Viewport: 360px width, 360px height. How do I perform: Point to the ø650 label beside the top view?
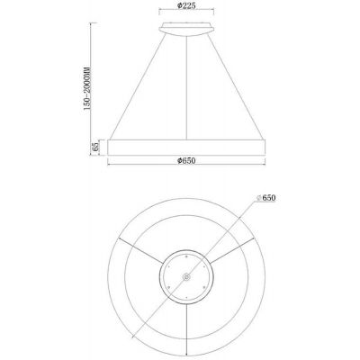267,196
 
